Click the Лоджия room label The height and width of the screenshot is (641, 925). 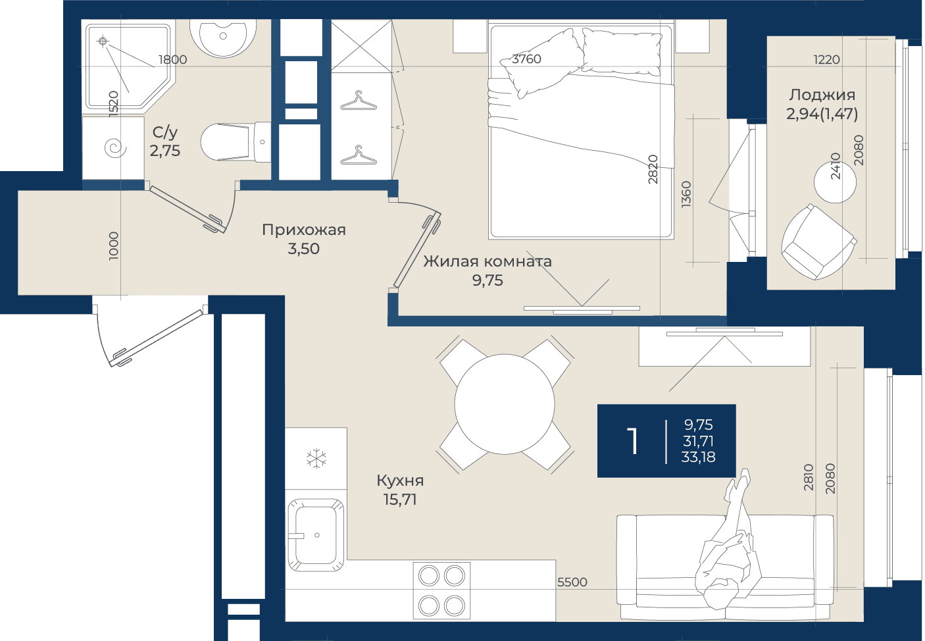[822, 95]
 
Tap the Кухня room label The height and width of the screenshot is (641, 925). [400, 480]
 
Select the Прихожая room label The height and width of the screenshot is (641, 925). [303, 230]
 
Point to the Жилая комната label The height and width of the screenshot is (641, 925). [488, 261]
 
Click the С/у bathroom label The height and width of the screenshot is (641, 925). [164, 132]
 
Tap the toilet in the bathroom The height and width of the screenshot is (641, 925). [236, 141]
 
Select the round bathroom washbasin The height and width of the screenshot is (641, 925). [223, 37]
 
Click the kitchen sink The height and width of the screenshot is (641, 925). [316, 535]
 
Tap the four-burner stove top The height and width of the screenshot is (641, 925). [442, 590]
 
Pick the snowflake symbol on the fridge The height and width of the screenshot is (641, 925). [316, 459]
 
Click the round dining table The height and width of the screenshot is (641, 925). [505, 404]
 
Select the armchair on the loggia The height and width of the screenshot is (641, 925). [818, 242]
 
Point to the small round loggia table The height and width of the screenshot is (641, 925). [835, 182]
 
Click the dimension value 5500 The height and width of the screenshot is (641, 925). [572, 582]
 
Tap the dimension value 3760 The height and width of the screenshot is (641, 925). [526, 59]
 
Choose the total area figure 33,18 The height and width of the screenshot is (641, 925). [698, 457]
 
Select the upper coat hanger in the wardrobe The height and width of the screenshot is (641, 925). [359, 101]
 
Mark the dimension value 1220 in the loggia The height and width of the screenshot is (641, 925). [827, 60]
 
